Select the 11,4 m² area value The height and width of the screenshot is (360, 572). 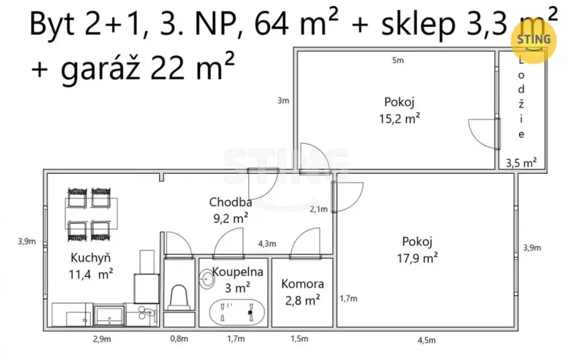(x=91, y=272)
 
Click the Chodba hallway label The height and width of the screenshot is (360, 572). (x=229, y=203)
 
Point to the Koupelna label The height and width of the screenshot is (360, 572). (x=238, y=272)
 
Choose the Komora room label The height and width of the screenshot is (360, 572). (x=302, y=284)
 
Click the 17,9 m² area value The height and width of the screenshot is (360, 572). (x=419, y=258)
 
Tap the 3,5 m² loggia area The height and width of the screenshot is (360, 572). (x=520, y=162)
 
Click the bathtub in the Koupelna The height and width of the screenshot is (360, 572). (x=238, y=313)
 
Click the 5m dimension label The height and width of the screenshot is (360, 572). (x=397, y=60)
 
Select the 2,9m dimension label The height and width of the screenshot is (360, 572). (x=101, y=339)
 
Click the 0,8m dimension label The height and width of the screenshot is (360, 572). (x=178, y=339)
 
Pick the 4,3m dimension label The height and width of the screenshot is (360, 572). (x=267, y=244)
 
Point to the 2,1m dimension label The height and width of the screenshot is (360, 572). (x=318, y=208)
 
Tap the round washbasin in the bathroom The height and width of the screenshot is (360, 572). (x=206, y=280)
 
